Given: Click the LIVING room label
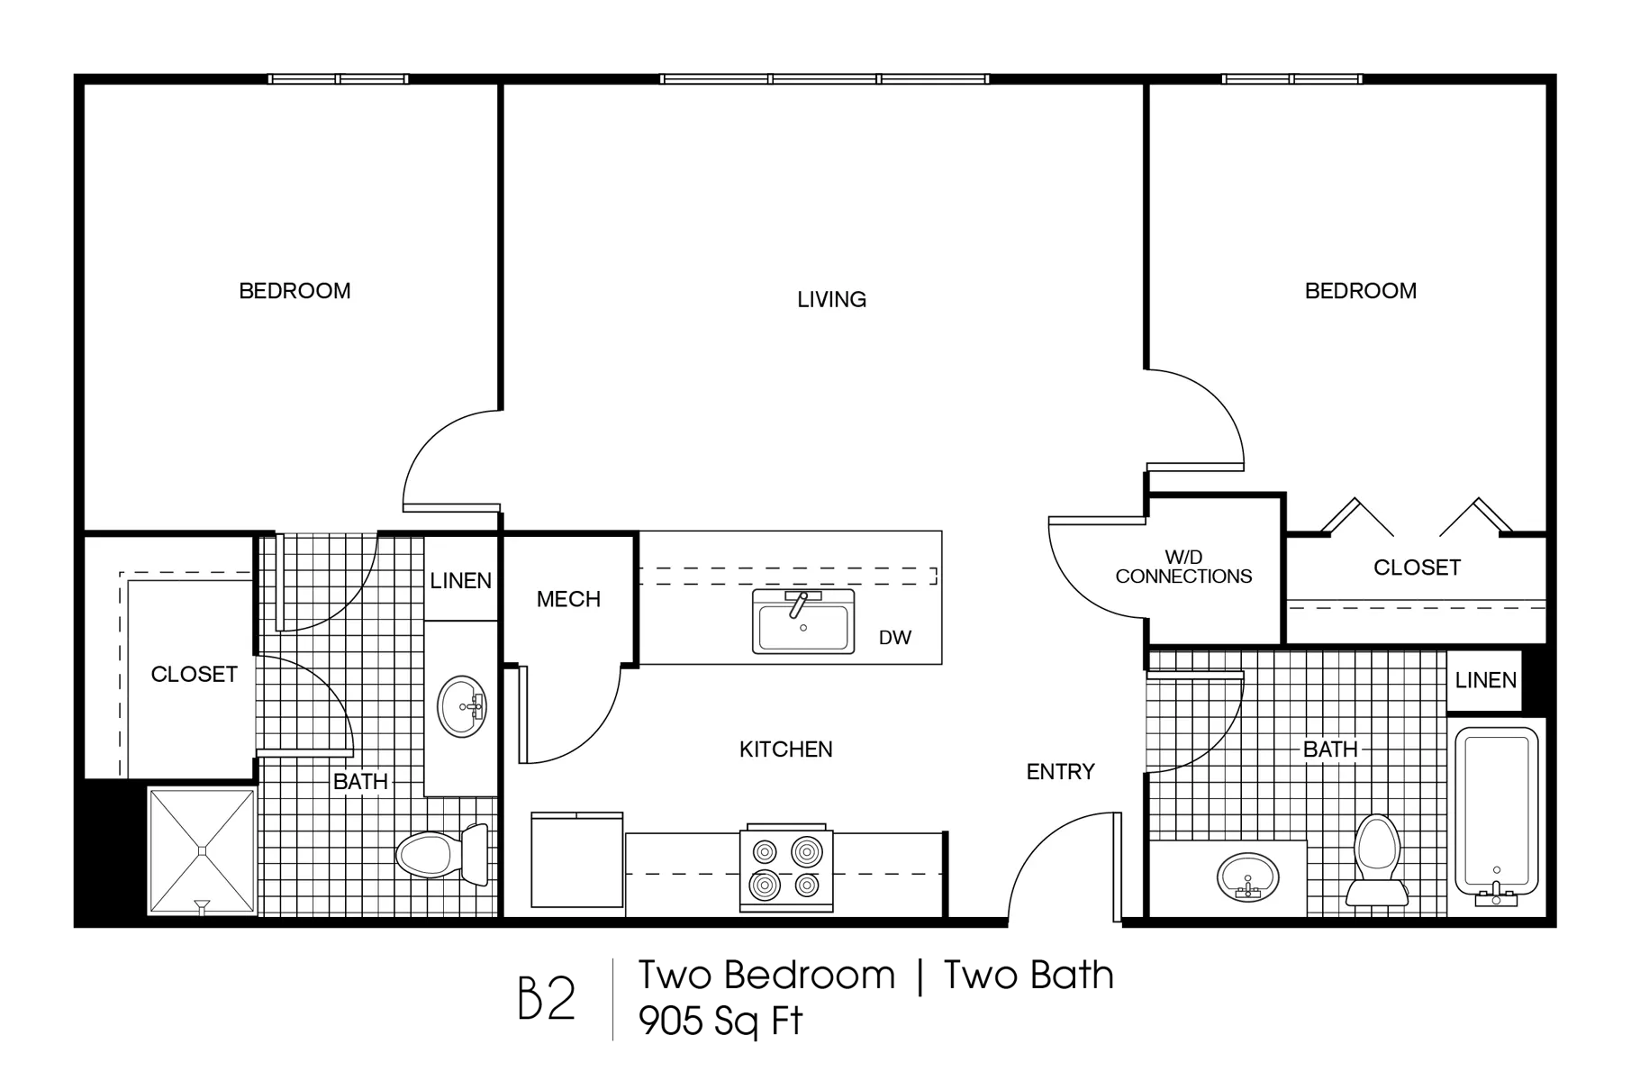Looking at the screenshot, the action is (831, 299).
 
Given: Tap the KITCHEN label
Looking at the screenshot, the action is (785, 749).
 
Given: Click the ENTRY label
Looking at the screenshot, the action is (1060, 772).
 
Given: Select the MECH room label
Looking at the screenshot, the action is (568, 599).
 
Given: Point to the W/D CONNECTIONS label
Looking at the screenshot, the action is (1183, 568).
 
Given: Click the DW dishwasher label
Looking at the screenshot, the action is (895, 638).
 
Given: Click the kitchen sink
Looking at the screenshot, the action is (802, 622).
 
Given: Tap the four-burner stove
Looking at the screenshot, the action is (786, 868).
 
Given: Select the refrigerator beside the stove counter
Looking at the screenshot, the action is (576, 859).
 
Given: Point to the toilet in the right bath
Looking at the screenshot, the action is (1377, 859).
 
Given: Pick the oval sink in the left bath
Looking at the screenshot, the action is (461, 707).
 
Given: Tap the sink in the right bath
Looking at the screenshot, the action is (1247, 877).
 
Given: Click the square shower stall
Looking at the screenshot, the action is (202, 851).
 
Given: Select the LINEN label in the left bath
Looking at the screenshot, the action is (460, 581).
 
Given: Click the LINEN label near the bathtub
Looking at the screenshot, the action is (1485, 681).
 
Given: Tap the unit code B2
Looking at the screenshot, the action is (547, 998).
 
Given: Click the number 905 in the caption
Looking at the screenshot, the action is (671, 1021).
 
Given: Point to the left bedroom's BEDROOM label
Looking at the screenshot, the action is (294, 291).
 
